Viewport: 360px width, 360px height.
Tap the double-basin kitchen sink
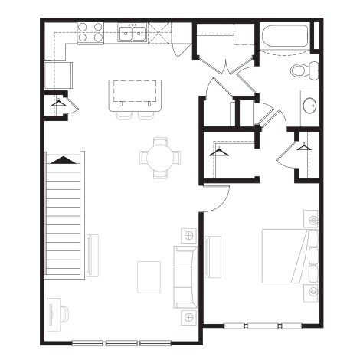click(133, 32)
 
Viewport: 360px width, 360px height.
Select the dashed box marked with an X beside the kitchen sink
click(159, 32)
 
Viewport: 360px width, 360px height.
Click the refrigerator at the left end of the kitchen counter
click(58, 74)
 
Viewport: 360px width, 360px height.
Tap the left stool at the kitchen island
click(125, 116)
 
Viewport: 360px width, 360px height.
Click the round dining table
click(161, 158)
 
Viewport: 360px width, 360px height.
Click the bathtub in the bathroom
click(284, 38)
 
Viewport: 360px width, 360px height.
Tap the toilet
click(306, 70)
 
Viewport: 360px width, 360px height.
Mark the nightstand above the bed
click(312, 221)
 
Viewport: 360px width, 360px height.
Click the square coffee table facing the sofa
click(149, 277)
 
